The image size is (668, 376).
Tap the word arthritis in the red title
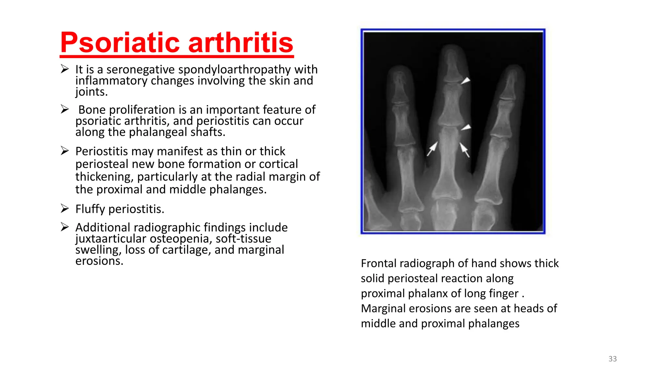pyautogui.click(x=241, y=43)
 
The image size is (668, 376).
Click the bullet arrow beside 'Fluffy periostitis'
pyautogui.click(x=65, y=208)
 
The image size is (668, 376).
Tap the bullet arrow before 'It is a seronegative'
pyautogui.click(x=65, y=69)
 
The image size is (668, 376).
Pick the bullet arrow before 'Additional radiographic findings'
pyautogui.click(x=65, y=227)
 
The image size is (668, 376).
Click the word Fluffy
pyautogui.click(x=90, y=209)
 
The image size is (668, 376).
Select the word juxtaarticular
pyautogui.click(x=111, y=239)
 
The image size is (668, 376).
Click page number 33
pyautogui.click(x=613, y=359)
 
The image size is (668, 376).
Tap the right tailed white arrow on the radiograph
pyautogui.click(x=464, y=149)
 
